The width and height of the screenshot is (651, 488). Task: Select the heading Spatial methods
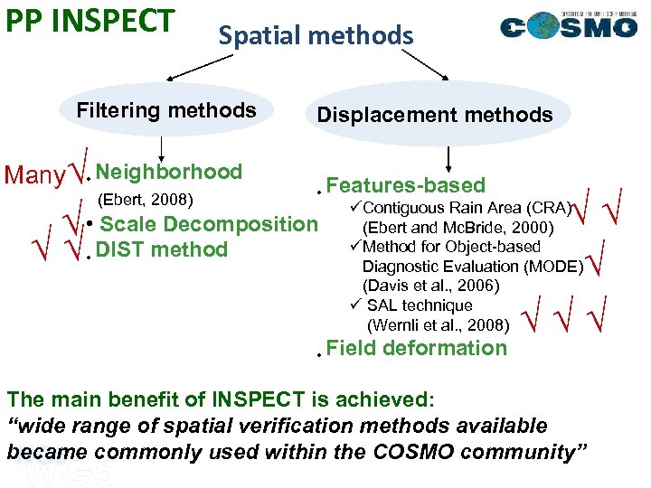point(316,35)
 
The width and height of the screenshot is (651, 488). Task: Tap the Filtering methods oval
point(166,110)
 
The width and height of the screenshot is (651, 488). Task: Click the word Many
point(35,175)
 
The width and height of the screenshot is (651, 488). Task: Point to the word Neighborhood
point(169,172)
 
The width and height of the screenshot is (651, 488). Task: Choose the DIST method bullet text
point(162,249)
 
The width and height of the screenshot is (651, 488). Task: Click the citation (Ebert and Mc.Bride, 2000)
point(458,228)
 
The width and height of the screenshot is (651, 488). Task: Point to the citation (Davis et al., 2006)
point(431,286)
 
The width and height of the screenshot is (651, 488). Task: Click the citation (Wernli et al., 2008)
point(438,324)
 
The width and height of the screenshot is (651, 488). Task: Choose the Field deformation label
point(416,348)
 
